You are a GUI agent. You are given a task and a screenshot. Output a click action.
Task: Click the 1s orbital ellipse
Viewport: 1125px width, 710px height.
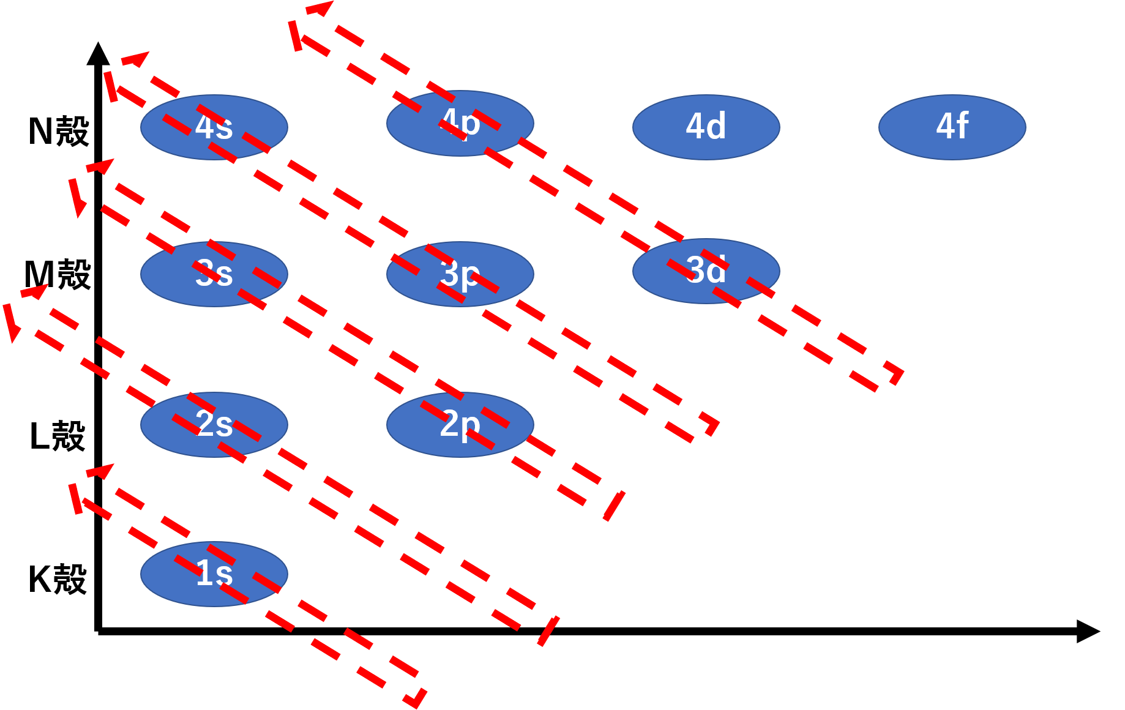tap(214, 574)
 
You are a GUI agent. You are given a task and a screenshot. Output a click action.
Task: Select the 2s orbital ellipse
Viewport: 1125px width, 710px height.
tap(214, 424)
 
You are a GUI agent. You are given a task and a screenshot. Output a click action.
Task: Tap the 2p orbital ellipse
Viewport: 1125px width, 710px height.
tap(460, 424)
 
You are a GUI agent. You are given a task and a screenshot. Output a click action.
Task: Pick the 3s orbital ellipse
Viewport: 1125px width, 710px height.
tap(214, 274)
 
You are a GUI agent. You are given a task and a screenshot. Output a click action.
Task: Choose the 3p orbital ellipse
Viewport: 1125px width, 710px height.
tap(460, 274)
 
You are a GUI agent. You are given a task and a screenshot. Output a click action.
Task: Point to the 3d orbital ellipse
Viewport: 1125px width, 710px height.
tap(706, 271)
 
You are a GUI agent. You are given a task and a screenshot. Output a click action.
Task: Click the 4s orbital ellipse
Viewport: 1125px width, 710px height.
tap(214, 127)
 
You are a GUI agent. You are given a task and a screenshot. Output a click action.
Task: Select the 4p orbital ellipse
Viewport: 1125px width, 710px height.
tap(460, 123)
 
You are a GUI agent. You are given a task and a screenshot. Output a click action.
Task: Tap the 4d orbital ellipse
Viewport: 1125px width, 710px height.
tap(706, 127)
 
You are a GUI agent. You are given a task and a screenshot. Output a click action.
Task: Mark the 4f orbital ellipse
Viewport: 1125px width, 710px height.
tap(952, 127)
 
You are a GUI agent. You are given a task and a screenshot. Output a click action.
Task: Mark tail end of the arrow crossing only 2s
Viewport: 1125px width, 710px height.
tap(548, 630)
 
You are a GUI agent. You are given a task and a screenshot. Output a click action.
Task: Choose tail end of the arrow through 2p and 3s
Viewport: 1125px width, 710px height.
tap(614, 505)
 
